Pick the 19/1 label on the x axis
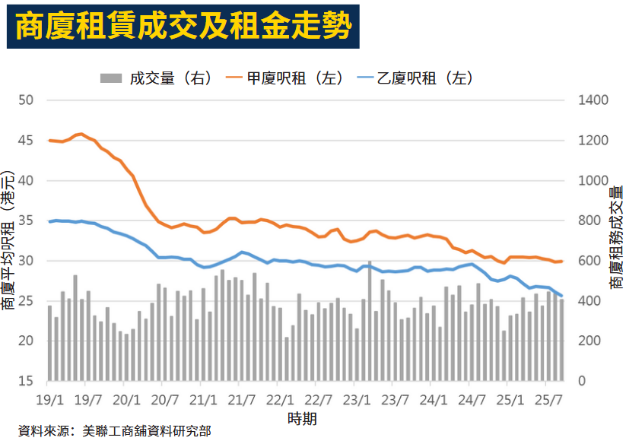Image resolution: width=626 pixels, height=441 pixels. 49,398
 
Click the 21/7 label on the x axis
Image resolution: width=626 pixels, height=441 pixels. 241,398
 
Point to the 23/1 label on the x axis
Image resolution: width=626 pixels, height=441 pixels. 356,398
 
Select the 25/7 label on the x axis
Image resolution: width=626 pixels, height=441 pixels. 548,398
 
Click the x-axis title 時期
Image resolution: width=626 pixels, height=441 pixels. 302,418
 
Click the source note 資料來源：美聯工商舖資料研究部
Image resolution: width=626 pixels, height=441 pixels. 114,431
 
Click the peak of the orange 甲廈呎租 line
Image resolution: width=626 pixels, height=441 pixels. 81,134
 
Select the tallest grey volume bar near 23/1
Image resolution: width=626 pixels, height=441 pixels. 370,319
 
